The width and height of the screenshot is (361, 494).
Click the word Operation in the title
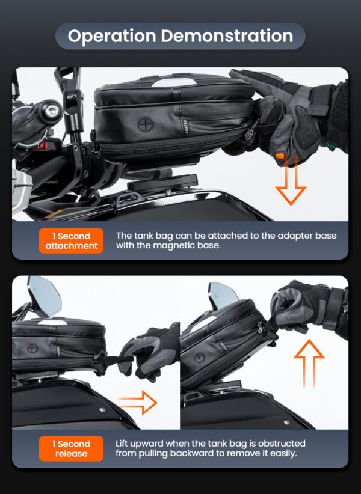coord(112,36)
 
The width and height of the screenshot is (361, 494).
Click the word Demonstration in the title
coord(227,35)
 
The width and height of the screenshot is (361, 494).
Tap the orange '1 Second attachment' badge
coord(71,241)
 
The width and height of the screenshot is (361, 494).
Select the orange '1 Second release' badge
coord(71,449)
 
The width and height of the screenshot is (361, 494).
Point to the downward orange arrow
coord(291,181)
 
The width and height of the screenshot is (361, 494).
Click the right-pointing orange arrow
coord(138,402)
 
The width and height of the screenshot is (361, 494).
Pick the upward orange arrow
coord(309,364)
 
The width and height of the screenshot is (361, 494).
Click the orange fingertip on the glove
coord(280,156)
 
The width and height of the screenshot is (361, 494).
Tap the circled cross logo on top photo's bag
coord(145,124)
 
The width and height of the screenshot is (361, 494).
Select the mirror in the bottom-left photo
coord(44,296)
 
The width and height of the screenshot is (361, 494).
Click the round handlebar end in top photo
coord(51,111)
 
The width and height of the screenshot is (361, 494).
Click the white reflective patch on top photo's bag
coord(174,82)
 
